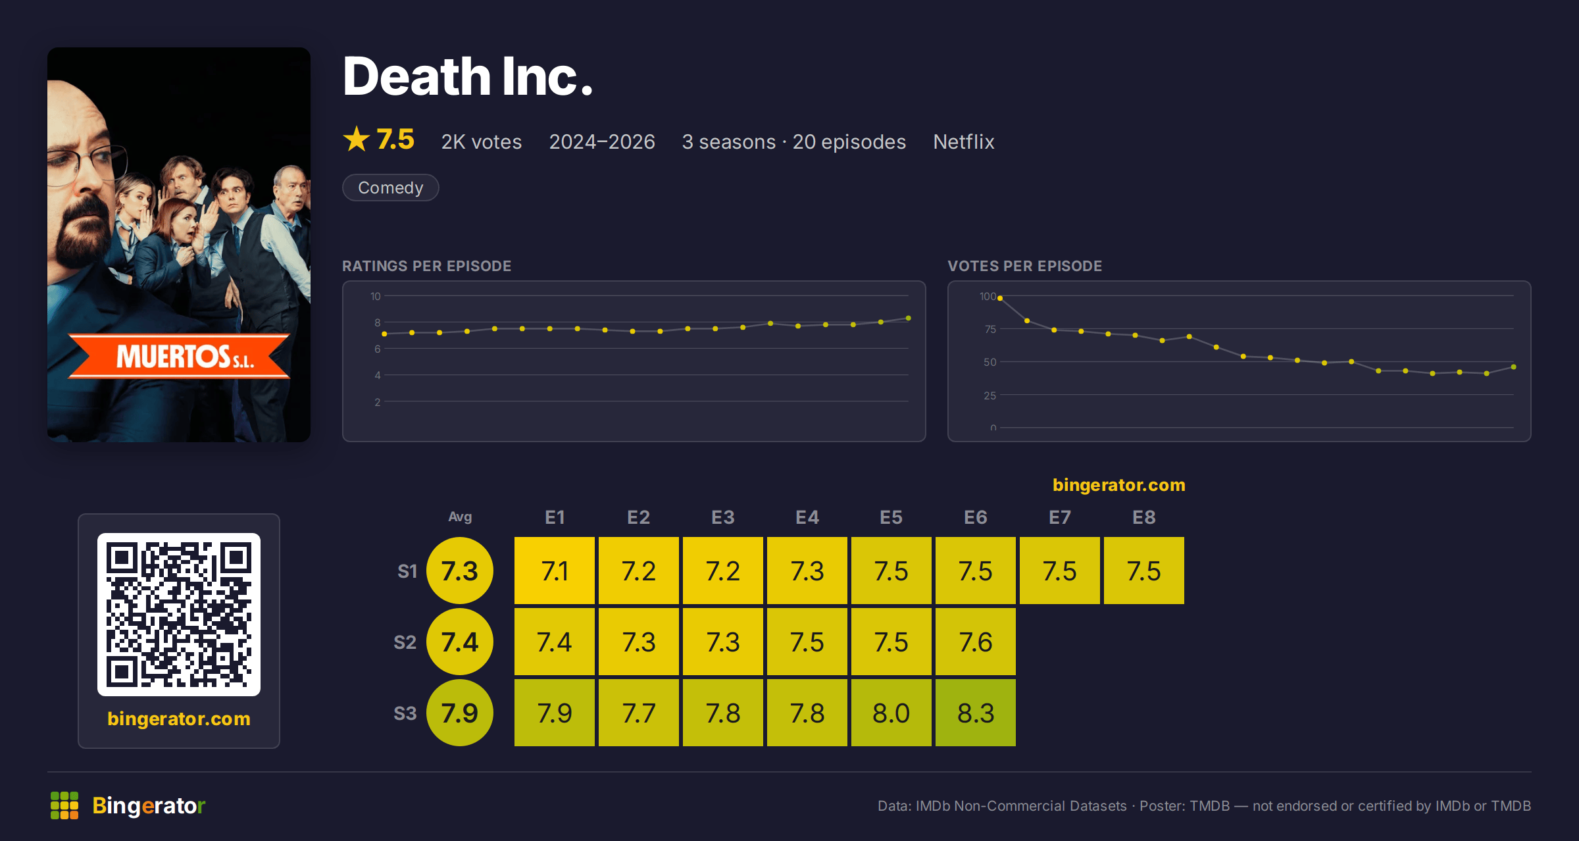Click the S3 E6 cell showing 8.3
point(975,713)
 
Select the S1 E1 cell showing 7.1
point(554,571)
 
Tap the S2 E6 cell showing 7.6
point(975,642)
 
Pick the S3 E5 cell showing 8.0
point(891,713)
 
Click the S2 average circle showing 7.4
point(460,642)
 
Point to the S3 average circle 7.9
point(460,713)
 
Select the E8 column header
point(1143,517)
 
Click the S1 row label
point(407,571)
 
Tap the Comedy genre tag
point(390,188)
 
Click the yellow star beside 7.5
point(357,139)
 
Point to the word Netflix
point(963,141)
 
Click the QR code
point(179,615)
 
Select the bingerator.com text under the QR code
point(179,719)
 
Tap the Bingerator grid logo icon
point(64,805)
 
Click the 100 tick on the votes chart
point(988,297)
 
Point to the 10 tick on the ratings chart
point(375,296)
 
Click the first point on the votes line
point(1000,298)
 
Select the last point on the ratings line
point(909,319)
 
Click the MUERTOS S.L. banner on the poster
point(179,357)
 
